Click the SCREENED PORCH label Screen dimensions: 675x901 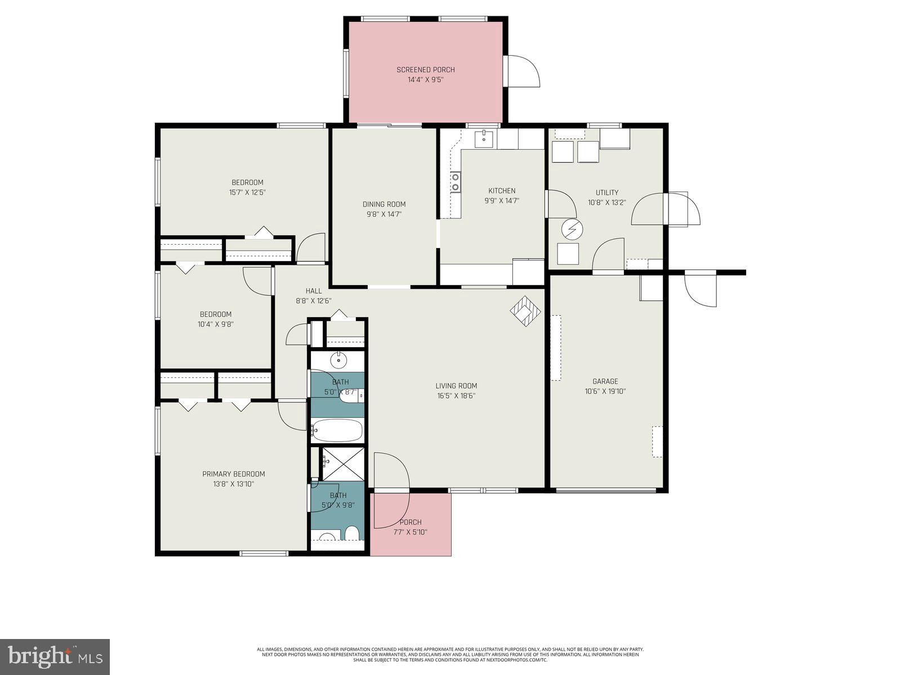click(425, 70)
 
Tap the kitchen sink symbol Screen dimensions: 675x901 click(483, 138)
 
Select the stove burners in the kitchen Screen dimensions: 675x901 click(455, 182)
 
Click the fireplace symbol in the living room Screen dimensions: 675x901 click(525, 310)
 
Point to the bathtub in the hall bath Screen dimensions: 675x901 click(337, 431)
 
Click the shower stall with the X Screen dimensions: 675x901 click(343, 463)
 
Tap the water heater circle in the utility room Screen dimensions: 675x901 click(572, 229)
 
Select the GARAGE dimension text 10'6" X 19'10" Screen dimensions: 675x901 click(605, 391)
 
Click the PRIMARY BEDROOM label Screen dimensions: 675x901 click(233, 474)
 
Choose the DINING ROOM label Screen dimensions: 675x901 click(384, 204)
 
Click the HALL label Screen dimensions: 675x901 click(314, 291)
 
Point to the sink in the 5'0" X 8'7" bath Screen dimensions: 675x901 click(338, 359)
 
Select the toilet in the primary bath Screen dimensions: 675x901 click(352, 532)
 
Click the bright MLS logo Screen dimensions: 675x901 click(55, 656)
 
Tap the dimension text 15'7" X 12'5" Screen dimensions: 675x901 click(247, 192)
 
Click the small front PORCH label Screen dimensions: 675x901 click(411, 522)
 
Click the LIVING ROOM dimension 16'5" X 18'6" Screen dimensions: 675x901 click(456, 395)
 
